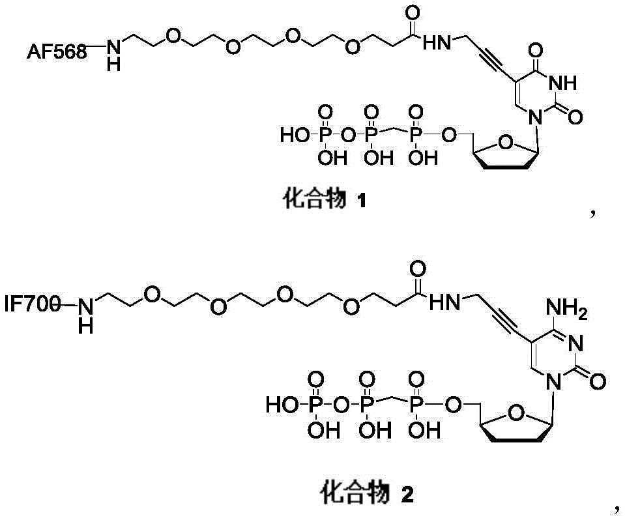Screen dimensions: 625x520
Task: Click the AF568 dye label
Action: click(56, 52)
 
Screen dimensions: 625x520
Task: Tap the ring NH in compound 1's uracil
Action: click(562, 83)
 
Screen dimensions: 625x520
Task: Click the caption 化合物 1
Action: click(325, 199)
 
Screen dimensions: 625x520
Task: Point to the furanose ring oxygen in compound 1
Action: click(506, 142)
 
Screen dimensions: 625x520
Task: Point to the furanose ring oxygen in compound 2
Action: click(517, 413)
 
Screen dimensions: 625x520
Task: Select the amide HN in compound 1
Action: click(437, 42)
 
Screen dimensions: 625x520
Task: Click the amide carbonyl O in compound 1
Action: click(412, 13)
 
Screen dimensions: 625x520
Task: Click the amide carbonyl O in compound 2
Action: click(417, 270)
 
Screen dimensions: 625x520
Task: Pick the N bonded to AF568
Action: click(113, 48)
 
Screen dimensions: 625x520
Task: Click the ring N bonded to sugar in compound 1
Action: click(535, 117)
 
